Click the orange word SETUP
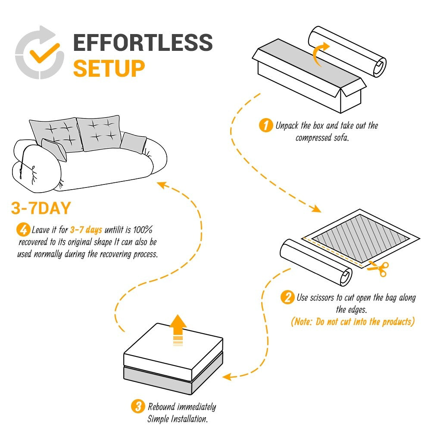[109, 68]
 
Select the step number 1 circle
[265, 126]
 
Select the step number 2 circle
[287, 297]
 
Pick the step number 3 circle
[137, 406]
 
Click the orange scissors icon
[379, 269]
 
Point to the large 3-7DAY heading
[41, 209]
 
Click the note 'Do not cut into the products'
[353, 322]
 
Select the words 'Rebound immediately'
[181, 406]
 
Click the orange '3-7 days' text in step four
[86, 230]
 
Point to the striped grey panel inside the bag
[360, 236]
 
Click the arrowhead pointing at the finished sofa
[161, 185]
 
